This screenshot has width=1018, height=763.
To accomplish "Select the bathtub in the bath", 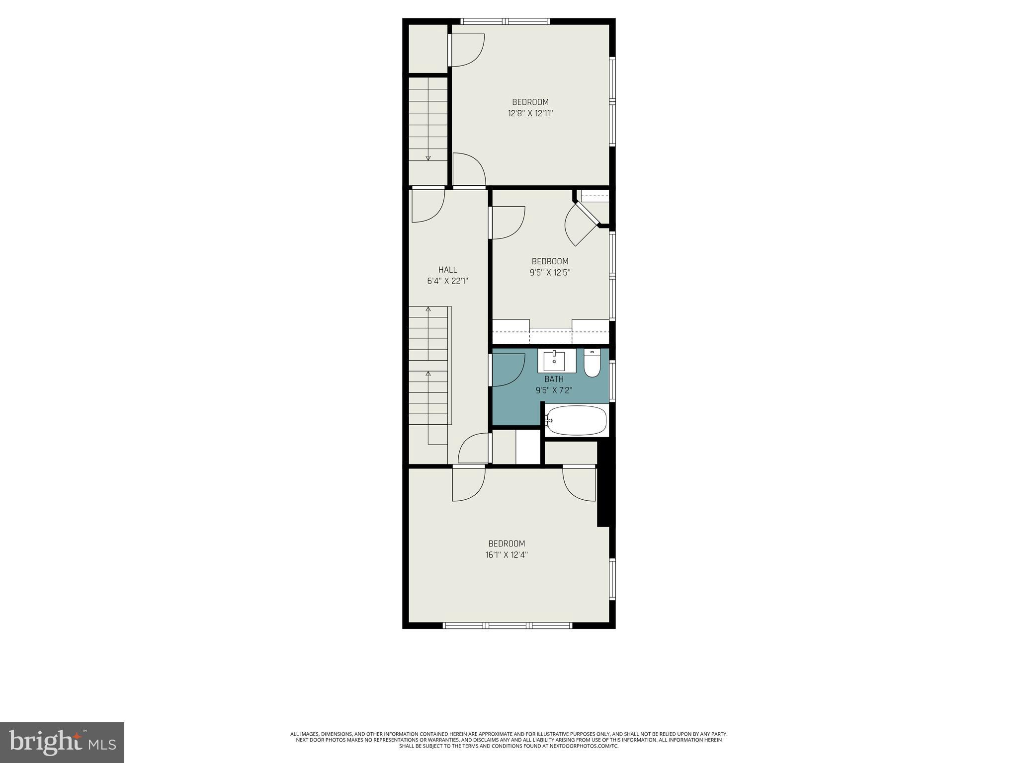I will click(577, 420).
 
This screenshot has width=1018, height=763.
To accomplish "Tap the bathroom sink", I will click(554, 361).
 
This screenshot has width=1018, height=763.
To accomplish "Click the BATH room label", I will click(554, 379).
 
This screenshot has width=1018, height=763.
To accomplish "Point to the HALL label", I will click(447, 270).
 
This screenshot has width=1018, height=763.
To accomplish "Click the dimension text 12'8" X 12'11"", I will click(530, 113).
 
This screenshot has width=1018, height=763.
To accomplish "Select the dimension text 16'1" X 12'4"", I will click(507, 555).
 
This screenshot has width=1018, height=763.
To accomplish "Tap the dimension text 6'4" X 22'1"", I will click(447, 281).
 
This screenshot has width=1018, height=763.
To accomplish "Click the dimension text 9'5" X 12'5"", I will click(550, 272).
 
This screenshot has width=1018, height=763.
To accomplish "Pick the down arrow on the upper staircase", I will click(428, 158).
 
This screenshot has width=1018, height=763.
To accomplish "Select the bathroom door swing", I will click(508, 370).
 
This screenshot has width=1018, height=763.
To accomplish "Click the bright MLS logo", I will click(62, 743).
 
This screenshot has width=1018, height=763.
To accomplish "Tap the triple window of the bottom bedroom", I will click(508, 625).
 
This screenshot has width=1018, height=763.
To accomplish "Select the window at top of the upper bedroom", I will click(505, 21).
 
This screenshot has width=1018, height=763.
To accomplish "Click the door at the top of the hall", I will click(428, 204).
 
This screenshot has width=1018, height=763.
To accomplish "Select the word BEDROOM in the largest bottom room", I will click(507, 543).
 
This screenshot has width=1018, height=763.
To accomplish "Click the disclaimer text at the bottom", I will click(509, 740).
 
